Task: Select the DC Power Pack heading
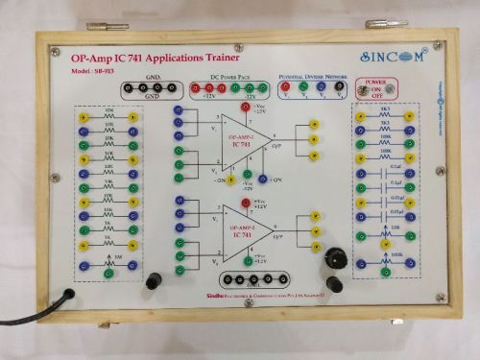(x=218, y=76)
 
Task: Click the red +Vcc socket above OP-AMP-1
(x=246, y=108)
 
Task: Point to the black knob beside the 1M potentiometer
(x=153, y=280)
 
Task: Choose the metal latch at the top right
(x=385, y=23)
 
